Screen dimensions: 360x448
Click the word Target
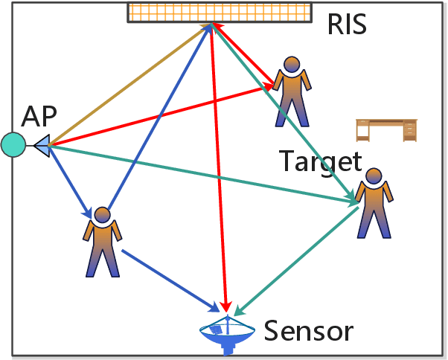[x=320, y=161]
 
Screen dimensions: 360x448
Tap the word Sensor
[x=308, y=330]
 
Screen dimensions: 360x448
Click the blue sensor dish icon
[x=229, y=335]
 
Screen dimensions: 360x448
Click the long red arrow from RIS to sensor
[x=219, y=171]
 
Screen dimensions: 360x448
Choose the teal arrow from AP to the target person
[x=201, y=173]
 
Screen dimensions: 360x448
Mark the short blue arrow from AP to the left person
[x=71, y=182]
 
